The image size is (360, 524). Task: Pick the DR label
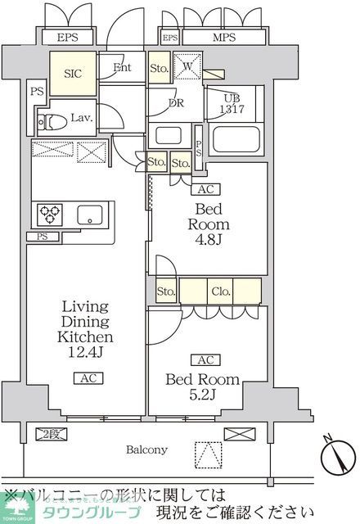click(175, 103)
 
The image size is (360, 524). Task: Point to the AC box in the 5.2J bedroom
click(202, 359)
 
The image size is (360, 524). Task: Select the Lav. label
click(79, 117)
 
